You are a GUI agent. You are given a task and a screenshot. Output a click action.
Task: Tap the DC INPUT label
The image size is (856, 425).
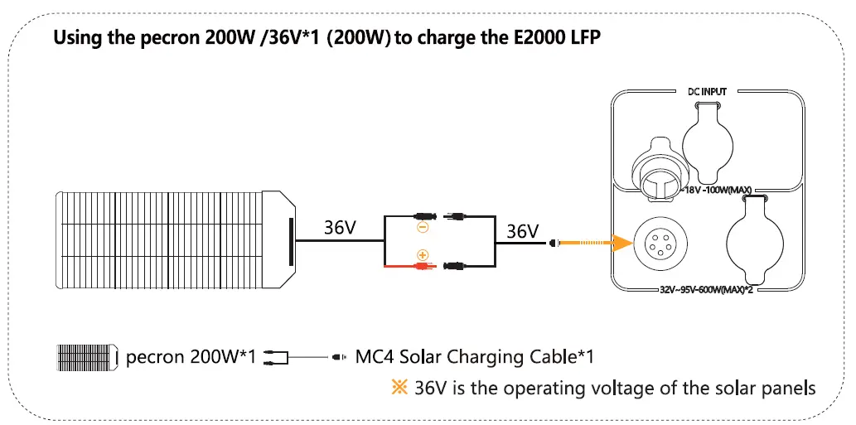707,91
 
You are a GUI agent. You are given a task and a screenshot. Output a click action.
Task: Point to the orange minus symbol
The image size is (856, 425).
422,225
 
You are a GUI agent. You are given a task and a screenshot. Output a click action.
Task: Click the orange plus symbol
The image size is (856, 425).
422,255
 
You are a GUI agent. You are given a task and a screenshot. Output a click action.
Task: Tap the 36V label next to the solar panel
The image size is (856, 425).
340,228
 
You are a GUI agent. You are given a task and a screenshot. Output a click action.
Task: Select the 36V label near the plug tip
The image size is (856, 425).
522,231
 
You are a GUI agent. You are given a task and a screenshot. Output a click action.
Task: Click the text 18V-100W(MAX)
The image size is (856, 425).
718,191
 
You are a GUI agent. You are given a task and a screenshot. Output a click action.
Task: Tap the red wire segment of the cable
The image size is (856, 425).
402,267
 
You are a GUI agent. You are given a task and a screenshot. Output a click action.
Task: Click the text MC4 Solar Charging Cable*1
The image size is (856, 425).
474,358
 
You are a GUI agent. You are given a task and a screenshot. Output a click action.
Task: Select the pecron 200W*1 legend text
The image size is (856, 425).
191,358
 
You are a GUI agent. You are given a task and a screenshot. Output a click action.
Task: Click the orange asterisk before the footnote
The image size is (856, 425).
401,388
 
